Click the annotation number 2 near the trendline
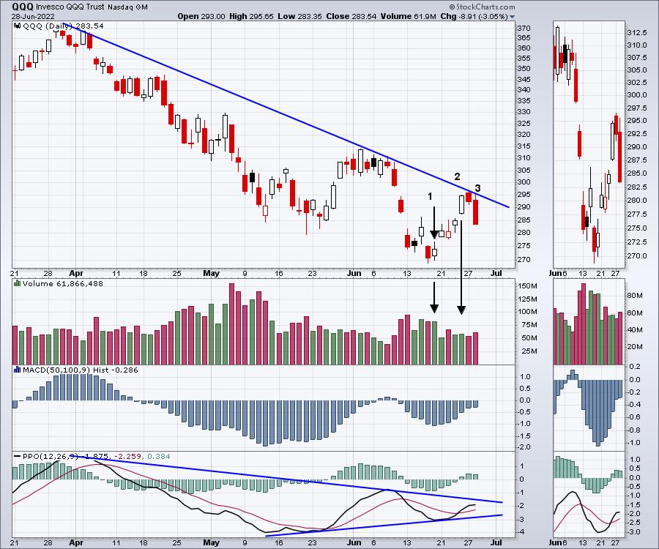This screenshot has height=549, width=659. [457, 176]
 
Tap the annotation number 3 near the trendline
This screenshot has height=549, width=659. [477, 189]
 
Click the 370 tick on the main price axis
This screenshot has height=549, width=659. [523, 28]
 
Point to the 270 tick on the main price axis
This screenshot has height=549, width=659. [523, 259]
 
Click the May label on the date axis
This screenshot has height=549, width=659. [211, 274]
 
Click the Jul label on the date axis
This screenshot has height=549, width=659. [496, 274]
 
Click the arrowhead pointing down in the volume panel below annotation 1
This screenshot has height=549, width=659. [433, 309]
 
